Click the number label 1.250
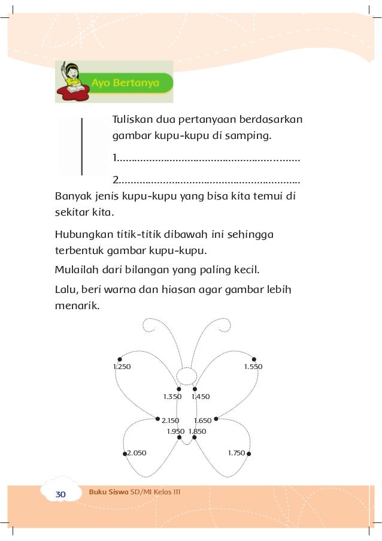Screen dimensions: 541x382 coord(122,366)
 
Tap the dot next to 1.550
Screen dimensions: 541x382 coord(254,359)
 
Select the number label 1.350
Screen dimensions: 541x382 coord(172,397)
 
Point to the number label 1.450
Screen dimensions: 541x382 coord(201,397)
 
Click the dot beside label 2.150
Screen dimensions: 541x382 coord(157,419)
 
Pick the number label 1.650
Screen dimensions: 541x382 coord(202,421)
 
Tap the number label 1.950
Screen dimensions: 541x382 coord(175,431)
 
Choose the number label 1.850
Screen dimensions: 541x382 coord(197,431)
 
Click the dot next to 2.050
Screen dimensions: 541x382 coord(125,454)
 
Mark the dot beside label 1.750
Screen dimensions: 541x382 coord(248,454)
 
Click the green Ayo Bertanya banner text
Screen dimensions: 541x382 coord(125,83)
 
